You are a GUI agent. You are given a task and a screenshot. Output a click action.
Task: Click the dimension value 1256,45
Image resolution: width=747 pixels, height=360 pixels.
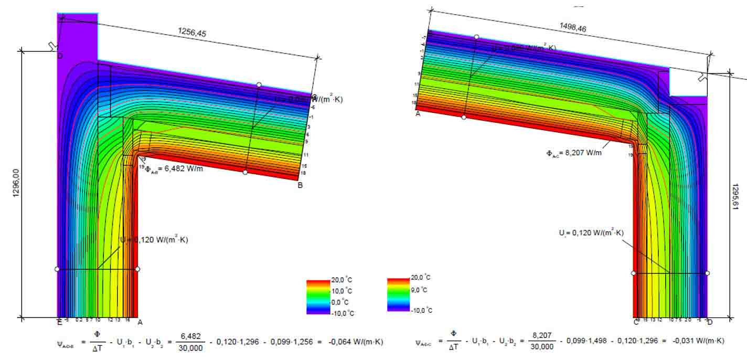pos(193,33)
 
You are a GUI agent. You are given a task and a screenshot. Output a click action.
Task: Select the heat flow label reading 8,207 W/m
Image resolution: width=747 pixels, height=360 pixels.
pos(574,154)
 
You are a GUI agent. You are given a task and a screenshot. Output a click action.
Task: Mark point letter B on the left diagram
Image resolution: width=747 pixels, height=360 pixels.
pos(300,185)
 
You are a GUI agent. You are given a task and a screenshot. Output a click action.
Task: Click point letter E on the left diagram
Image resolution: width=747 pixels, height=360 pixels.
pos(59,322)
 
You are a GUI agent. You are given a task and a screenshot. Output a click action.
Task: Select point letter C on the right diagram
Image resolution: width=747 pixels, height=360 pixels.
pos(636,322)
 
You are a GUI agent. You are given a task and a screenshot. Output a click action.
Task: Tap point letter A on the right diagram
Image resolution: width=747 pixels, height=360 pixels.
pos(418,113)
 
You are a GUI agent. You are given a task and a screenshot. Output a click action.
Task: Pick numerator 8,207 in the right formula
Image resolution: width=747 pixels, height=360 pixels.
pos(541,336)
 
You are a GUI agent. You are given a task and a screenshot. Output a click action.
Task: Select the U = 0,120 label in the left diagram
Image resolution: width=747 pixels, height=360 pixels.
pos(153,240)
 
